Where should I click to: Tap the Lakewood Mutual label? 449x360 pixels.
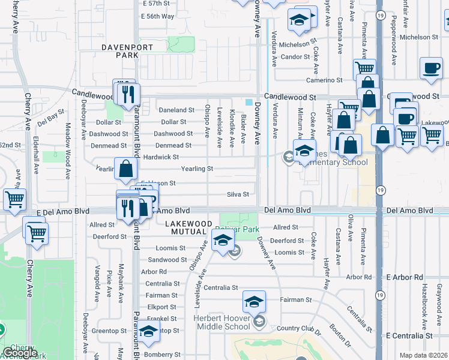[188, 227]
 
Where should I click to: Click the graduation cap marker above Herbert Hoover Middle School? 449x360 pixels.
[254, 302]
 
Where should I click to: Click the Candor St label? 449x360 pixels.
[295, 57]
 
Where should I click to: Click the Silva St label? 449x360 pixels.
[238, 194]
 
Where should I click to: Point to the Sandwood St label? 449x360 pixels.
[167, 260]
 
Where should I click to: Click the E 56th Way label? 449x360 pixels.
[158, 16]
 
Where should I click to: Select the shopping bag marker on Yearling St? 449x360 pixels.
[127, 170]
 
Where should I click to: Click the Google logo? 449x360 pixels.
[19, 353]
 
